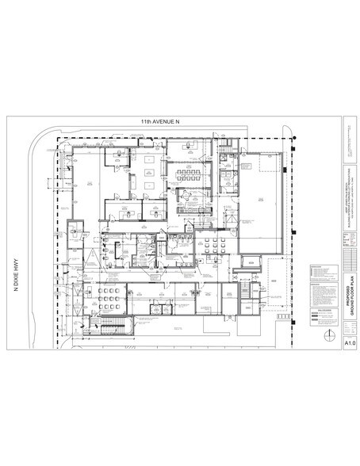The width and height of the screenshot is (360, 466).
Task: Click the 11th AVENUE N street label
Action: [x=163, y=124]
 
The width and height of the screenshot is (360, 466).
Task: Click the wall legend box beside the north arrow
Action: [x=325, y=321]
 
